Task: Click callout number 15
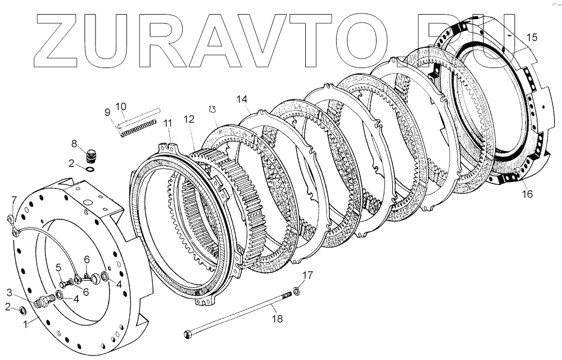point(532,38)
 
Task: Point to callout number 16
point(527,195)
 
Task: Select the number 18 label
point(277,318)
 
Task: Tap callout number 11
point(167,124)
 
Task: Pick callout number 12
point(189,119)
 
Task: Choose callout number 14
point(242,100)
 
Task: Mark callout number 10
point(121,106)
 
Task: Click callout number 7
point(15,200)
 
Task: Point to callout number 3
point(10,292)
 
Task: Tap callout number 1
point(25,323)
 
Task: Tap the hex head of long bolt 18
point(187,335)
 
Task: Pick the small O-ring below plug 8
point(90,168)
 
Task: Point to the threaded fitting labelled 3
point(43,301)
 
